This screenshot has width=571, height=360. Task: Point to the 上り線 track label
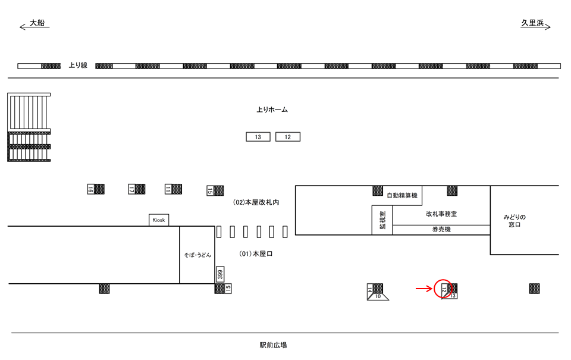coord(79,65)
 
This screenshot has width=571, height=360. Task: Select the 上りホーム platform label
coord(272,110)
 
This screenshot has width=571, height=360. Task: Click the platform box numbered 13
coord(258,137)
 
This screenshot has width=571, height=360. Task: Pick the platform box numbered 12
coord(288,137)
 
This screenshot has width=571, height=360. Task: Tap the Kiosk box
coord(158,220)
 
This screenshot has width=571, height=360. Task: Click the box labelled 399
coord(219,274)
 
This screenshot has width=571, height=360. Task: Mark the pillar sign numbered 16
coord(90,189)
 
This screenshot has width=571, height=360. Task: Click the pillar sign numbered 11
coord(168,189)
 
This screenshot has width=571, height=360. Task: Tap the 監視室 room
coord(382,220)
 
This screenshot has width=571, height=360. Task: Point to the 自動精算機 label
coord(402,195)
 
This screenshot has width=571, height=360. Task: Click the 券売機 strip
coord(441,229)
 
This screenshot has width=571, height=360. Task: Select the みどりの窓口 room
coord(514,220)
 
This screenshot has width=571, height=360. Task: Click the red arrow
coord(423,289)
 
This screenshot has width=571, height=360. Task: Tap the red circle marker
coord(444,289)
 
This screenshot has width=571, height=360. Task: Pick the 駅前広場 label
coord(273,345)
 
